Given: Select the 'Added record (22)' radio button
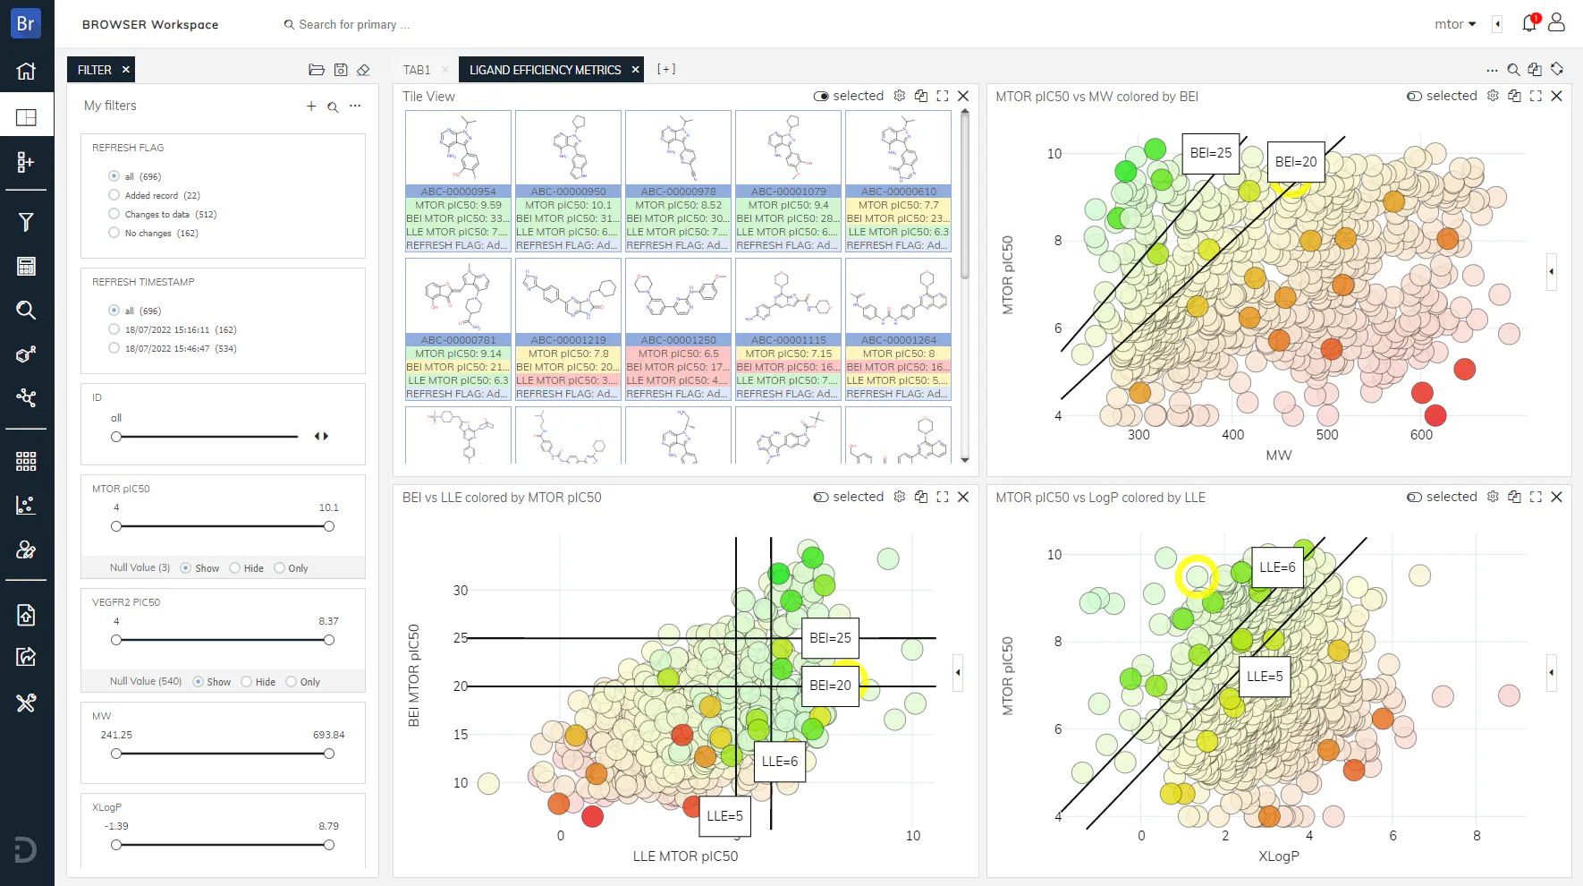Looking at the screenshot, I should (114, 195).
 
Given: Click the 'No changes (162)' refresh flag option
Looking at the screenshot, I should (114, 233).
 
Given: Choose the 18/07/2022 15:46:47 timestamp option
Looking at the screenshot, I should (114, 348).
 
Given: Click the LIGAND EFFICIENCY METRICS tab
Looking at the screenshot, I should (545, 70).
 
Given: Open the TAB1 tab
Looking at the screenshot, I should (417, 70).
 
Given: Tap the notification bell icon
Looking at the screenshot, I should (1529, 23).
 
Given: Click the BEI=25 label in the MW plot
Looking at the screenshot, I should (1210, 153).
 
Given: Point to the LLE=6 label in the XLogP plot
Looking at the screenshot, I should (1277, 567).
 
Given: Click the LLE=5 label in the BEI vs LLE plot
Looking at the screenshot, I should (724, 816).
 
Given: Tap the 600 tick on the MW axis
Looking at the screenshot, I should (1421, 435).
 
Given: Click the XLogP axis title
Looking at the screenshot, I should (1278, 856).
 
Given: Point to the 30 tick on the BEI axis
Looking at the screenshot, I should (461, 591).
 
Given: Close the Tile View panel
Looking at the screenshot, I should (963, 96).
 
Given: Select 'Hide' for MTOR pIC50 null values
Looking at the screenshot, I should (235, 568).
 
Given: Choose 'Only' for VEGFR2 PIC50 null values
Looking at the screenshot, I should (292, 682).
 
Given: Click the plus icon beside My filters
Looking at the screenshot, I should (311, 106).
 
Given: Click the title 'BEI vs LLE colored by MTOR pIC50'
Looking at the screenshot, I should (502, 498).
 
